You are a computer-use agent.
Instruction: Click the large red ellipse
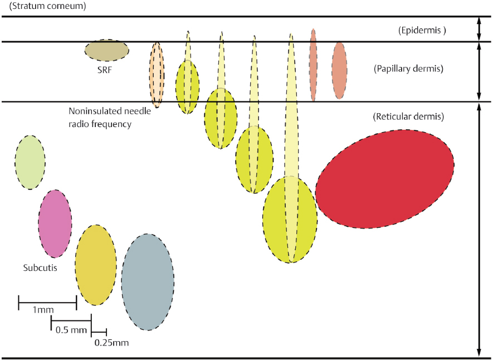[x=384, y=179]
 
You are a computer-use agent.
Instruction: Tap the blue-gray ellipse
[x=147, y=281]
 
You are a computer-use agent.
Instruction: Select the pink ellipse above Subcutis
[x=55, y=223]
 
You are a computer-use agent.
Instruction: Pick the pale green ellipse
[x=30, y=162]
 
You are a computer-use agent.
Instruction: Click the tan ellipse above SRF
[x=106, y=50]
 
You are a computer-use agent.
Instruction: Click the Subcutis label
[x=40, y=267]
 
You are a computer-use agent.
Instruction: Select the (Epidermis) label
[x=423, y=31]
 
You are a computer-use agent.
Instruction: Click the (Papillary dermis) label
[x=408, y=70]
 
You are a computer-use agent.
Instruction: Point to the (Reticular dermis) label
[x=408, y=117]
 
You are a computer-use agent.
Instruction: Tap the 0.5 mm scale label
[x=71, y=330]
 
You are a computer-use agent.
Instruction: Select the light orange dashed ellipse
[x=157, y=74]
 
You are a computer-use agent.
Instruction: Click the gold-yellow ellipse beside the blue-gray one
[x=96, y=265]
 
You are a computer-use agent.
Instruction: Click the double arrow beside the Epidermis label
[x=479, y=29]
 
